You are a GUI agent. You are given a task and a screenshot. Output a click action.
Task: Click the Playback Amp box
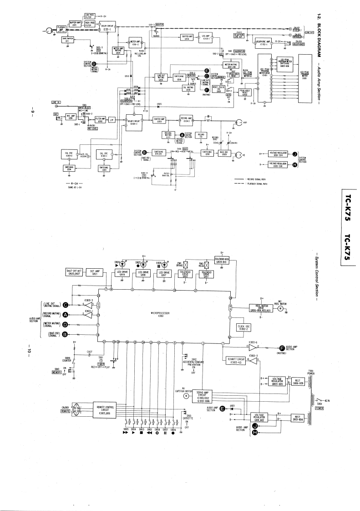coord(61,28)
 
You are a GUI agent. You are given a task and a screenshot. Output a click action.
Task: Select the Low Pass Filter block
coord(90,16)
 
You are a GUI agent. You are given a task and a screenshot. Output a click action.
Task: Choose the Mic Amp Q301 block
coord(70,117)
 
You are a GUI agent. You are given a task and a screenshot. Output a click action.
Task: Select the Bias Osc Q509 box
coord(223,153)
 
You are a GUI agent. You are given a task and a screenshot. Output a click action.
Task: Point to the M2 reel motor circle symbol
coord(280,308)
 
